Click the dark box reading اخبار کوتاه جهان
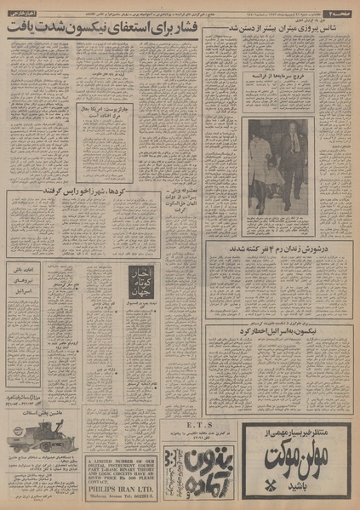122,301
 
